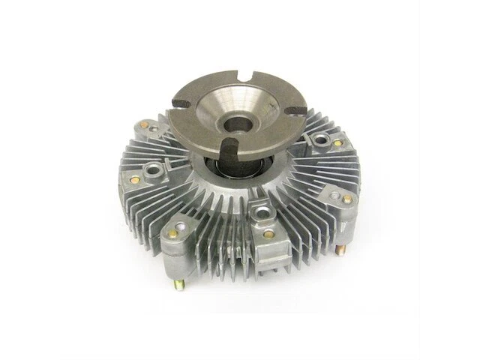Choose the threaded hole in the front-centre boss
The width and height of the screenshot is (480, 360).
[x=261, y=214]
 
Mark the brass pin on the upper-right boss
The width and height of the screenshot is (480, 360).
[x=338, y=142]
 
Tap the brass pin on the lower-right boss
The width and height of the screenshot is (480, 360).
[x=347, y=199]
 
